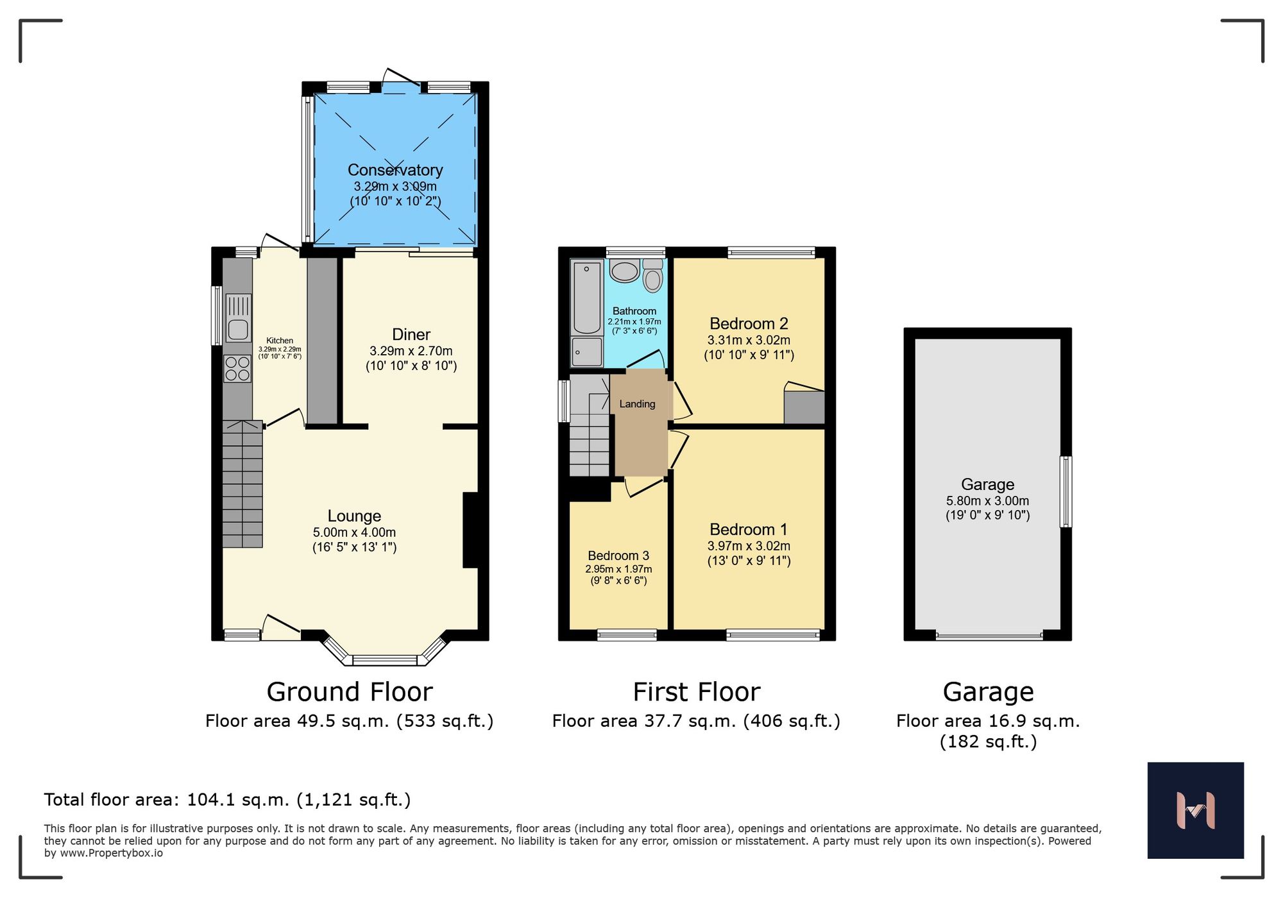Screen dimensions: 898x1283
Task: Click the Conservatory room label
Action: click(395, 170)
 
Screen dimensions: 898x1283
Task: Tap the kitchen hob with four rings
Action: click(237, 369)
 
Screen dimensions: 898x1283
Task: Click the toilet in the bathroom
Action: click(652, 277)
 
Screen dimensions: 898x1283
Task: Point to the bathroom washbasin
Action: click(625, 271)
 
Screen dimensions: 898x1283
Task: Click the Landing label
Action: click(637, 404)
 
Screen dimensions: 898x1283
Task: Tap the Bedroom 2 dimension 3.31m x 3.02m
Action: click(749, 341)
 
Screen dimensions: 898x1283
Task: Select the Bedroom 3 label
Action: click(618, 555)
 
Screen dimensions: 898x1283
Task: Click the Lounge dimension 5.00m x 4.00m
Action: click(354, 532)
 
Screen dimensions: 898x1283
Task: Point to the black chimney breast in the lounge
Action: click(470, 530)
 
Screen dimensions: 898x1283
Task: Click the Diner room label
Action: click(411, 334)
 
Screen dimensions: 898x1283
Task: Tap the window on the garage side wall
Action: click(1066, 492)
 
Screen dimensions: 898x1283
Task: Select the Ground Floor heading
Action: click(350, 692)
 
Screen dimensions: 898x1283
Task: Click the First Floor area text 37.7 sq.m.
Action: click(696, 721)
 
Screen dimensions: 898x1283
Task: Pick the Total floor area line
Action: click(227, 800)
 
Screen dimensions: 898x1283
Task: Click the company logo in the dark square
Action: click(1195, 810)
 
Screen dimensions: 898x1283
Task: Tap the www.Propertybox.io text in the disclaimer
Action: click(111, 853)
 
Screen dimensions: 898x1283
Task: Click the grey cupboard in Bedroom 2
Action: click(804, 407)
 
